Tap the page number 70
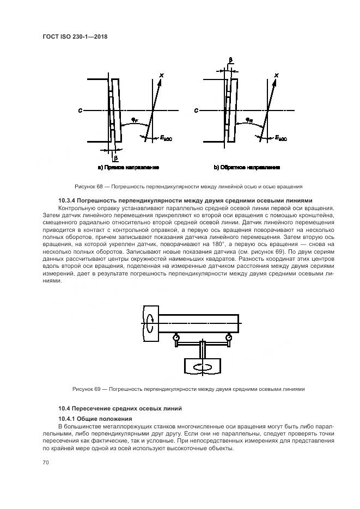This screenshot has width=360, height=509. tap(46, 462)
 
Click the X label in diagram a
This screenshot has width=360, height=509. tap(161, 75)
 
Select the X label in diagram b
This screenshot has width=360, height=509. tap(277, 75)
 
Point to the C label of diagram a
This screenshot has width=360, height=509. tap(80, 111)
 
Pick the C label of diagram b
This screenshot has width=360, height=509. tap(196, 111)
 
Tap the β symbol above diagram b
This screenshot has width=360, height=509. tap(231, 60)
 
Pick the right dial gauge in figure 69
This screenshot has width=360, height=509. tap(228, 338)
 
